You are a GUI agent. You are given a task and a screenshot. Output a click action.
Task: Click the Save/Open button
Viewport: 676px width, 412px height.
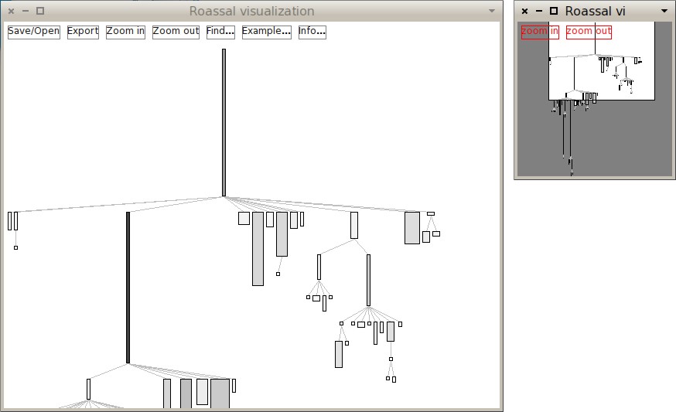[x=33, y=32]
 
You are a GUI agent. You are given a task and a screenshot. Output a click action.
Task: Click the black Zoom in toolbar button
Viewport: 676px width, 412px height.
[x=125, y=32]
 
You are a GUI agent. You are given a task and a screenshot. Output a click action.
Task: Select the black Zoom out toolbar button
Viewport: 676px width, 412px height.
[x=176, y=32]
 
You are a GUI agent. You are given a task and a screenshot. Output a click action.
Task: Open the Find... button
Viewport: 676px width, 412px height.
[x=220, y=32]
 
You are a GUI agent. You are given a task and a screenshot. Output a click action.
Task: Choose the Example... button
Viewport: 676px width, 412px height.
[x=266, y=32]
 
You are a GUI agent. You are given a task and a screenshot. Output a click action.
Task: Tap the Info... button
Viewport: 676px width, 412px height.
[x=312, y=32]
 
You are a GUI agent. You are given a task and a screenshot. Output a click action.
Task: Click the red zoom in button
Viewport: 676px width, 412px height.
[x=540, y=32]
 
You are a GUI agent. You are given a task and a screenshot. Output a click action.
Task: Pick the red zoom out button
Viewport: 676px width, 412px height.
[x=589, y=32]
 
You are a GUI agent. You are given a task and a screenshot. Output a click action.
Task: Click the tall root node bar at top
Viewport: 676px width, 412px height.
[x=224, y=122]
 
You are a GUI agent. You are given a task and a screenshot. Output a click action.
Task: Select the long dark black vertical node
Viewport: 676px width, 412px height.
[x=128, y=288]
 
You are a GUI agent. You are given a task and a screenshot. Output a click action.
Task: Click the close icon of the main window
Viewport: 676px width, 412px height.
[x=11, y=11]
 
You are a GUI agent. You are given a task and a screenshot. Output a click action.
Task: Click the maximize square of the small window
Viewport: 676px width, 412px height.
[x=554, y=11]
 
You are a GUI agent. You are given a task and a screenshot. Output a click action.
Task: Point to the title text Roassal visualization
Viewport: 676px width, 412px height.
[x=252, y=11]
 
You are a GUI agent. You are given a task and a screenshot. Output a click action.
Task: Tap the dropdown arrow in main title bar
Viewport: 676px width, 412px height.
[x=492, y=11]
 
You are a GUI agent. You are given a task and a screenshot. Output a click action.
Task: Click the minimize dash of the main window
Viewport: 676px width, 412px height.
[x=26, y=11]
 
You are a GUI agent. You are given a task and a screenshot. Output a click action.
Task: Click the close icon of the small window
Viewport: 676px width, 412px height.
[x=524, y=11]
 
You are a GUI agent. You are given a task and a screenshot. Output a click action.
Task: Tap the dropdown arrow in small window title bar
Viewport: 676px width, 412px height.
[x=664, y=11]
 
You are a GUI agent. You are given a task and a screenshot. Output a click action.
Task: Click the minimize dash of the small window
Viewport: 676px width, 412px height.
[x=539, y=11]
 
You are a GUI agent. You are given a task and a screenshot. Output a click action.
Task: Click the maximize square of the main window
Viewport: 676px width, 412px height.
[x=40, y=11]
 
